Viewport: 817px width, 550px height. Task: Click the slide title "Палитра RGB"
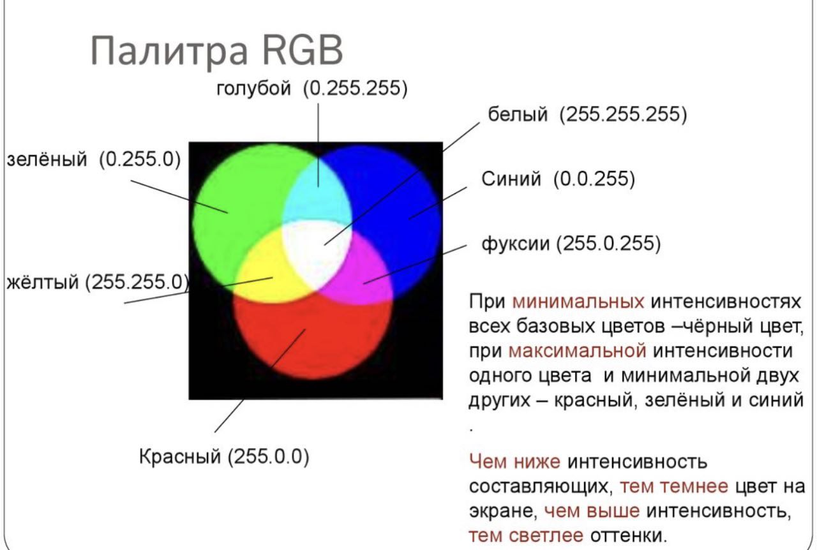216,50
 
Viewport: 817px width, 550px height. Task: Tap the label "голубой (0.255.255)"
312,88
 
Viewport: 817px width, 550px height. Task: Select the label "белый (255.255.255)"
587,114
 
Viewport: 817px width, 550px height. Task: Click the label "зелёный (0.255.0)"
94,160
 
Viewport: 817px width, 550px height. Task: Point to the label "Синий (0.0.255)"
558,179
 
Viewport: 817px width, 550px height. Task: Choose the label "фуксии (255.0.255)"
571,243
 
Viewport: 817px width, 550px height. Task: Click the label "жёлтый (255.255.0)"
98,282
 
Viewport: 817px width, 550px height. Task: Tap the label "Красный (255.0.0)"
224,456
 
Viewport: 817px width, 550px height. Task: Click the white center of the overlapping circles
316,251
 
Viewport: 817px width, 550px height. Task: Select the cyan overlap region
317,193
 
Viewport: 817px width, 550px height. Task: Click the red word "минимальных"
578,302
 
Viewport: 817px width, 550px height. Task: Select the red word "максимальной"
577,351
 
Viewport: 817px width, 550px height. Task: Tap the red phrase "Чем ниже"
514,462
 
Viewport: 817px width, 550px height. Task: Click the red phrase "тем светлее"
525,535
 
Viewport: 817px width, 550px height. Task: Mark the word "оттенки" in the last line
629,535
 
